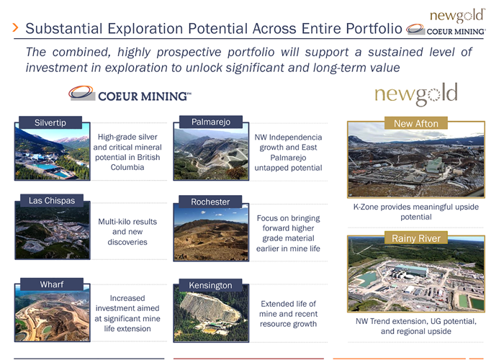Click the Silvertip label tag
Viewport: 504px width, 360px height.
[50, 123]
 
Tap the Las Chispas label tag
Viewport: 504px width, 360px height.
[52, 201]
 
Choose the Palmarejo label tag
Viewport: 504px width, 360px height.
[210, 122]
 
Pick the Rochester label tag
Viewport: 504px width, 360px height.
[210, 202]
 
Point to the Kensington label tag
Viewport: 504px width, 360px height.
[210, 286]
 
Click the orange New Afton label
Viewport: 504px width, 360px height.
[415, 124]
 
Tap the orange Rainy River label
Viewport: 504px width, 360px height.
[415, 238]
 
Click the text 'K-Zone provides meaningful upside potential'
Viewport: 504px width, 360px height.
[415, 212]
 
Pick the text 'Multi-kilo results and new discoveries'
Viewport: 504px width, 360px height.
[127, 232]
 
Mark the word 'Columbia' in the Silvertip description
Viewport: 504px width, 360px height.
[127, 167]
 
